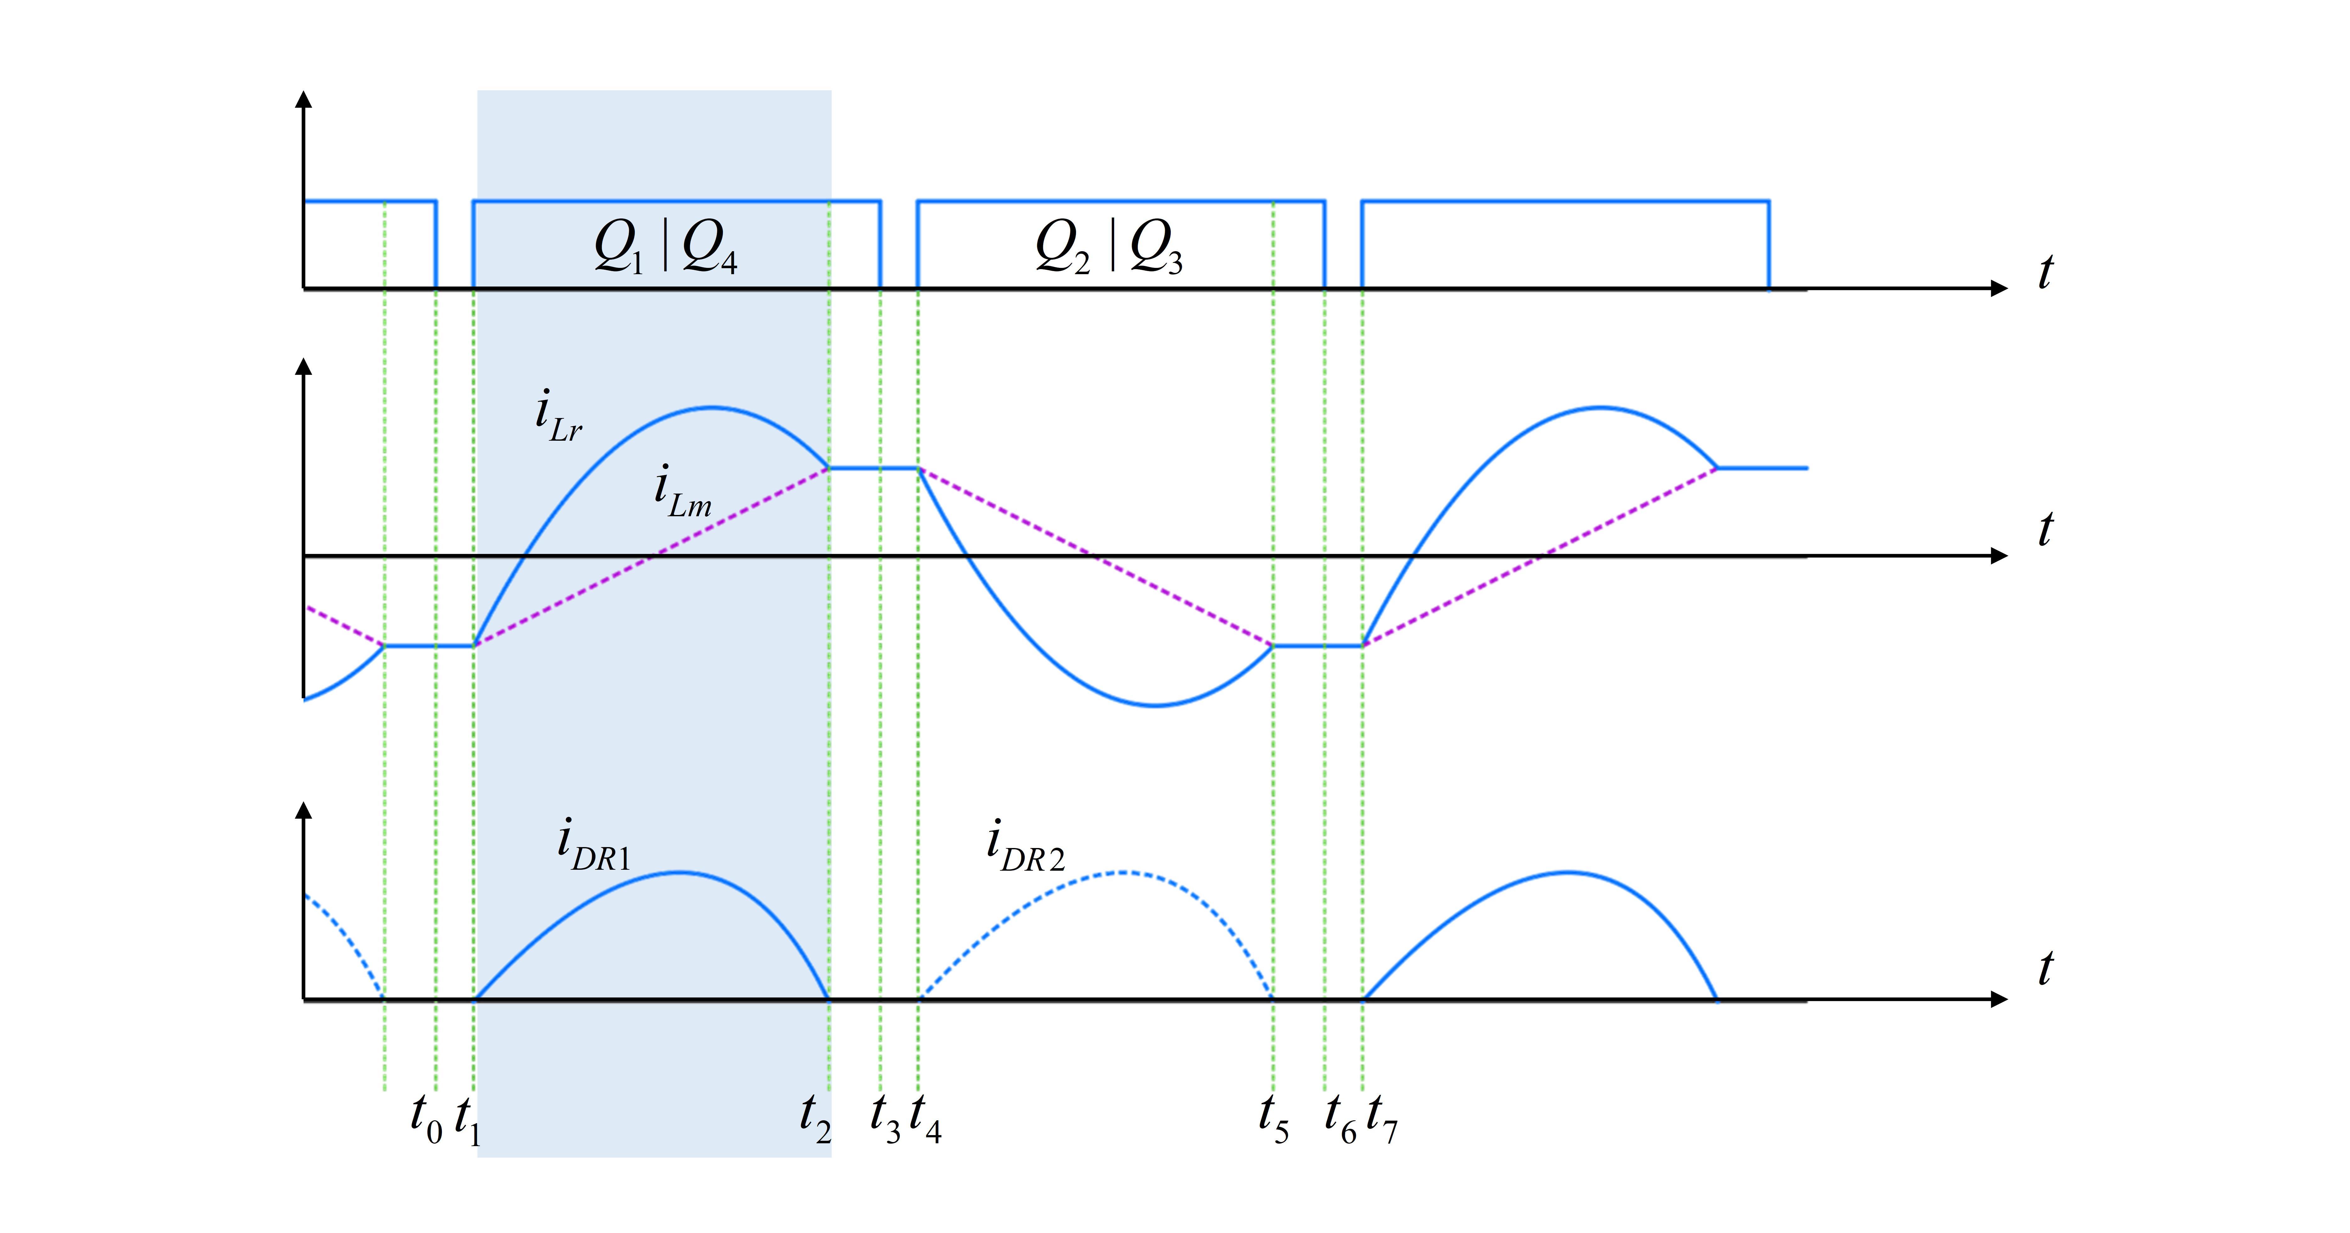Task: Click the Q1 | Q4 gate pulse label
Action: [665, 246]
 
